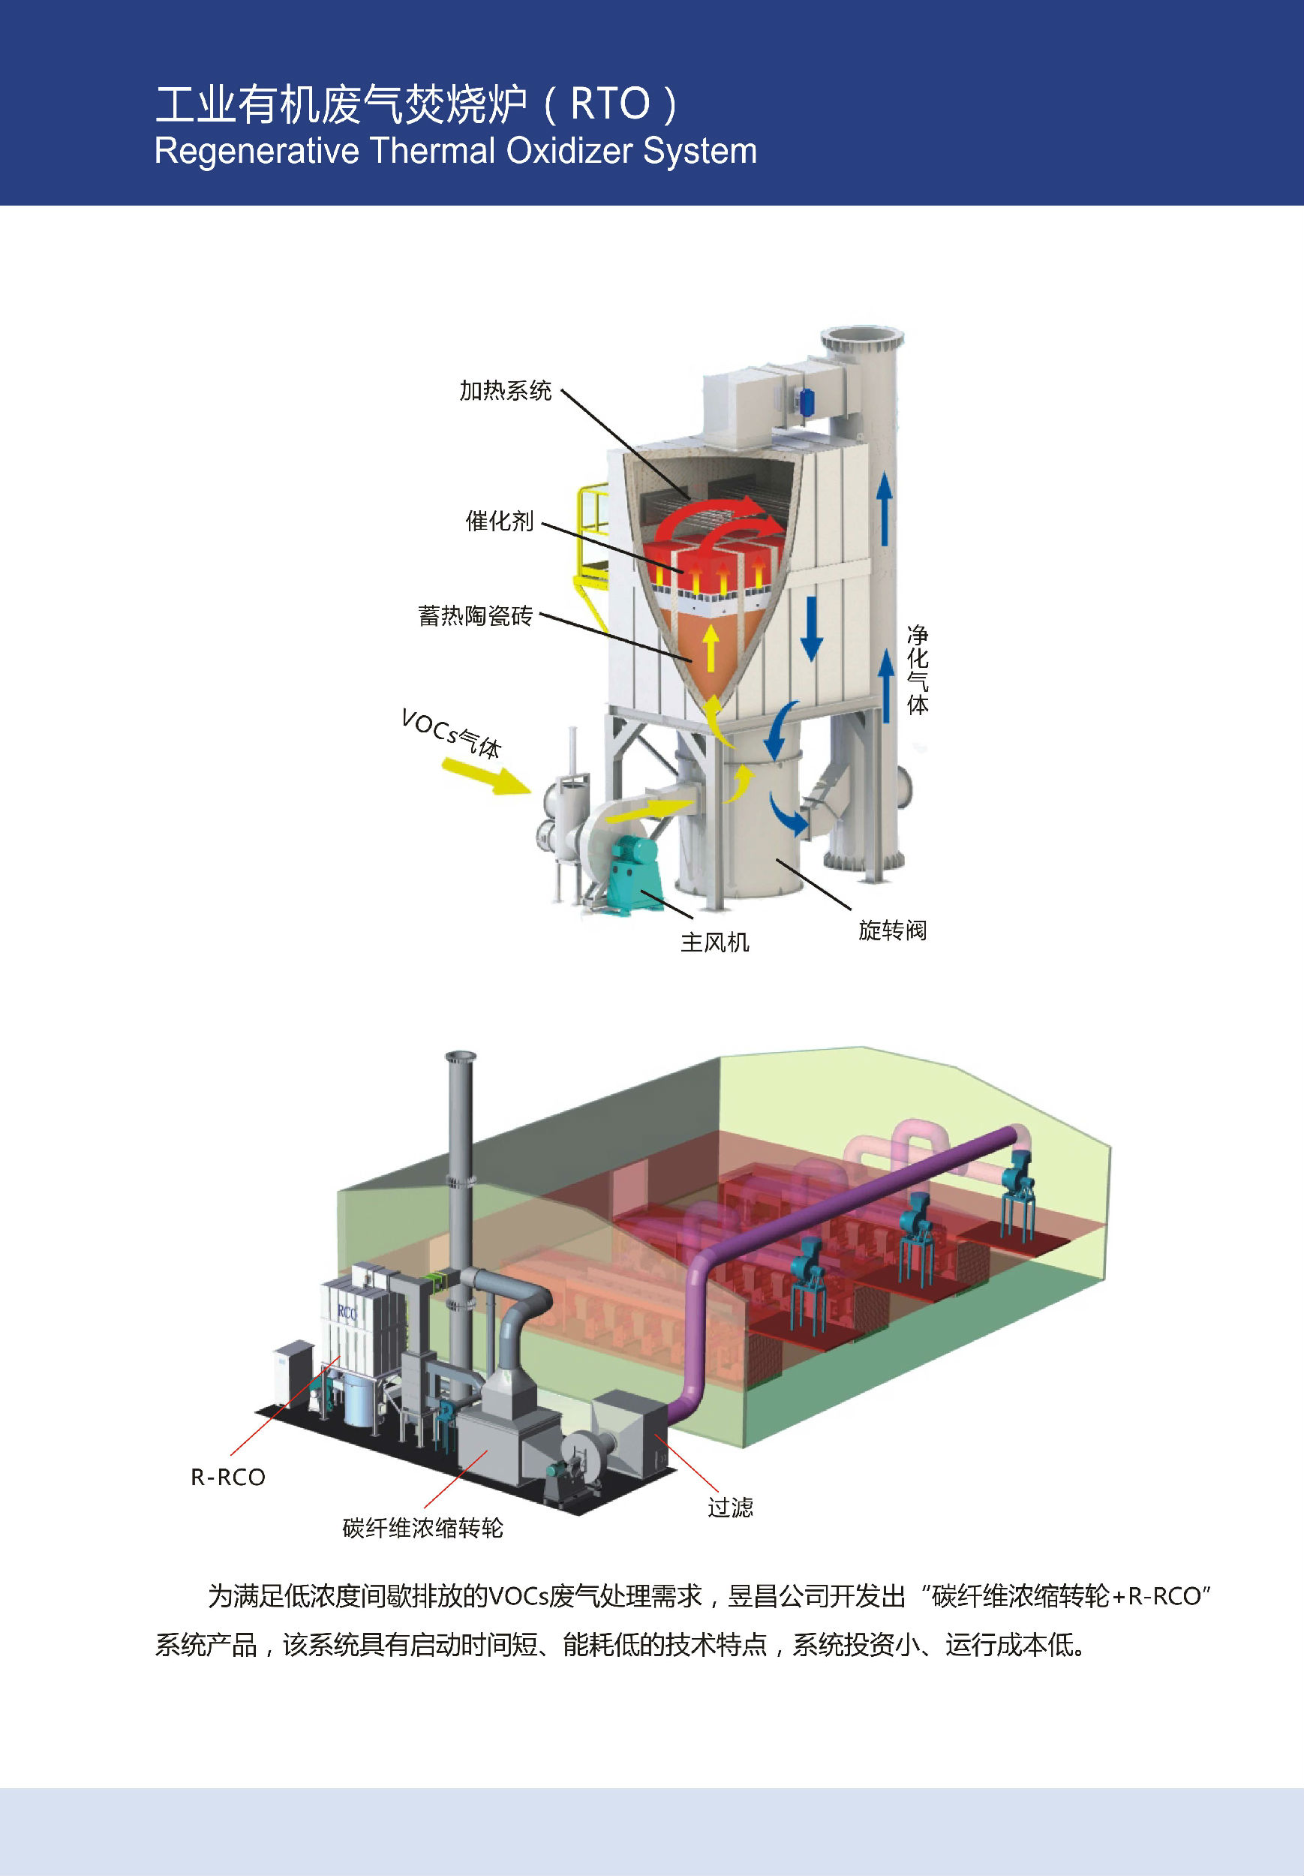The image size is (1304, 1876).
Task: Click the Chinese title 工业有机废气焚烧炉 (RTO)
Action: click(x=415, y=104)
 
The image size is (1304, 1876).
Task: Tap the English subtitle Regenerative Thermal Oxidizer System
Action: click(x=455, y=151)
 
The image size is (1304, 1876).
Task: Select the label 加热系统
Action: click(x=505, y=390)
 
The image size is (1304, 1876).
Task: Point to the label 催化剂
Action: click(x=499, y=521)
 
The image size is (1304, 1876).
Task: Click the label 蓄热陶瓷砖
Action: click(x=475, y=615)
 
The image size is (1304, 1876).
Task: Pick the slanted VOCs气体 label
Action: click(x=452, y=733)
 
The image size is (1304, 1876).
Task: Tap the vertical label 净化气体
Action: click(x=918, y=670)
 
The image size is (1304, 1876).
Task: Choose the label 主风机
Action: click(x=715, y=942)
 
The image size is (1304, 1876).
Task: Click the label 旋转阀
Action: click(x=892, y=930)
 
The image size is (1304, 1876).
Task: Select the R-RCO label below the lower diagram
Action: click(x=228, y=1478)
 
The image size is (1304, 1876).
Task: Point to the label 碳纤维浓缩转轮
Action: click(x=422, y=1528)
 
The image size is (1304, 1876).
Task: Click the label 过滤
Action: click(x=729, y=1508)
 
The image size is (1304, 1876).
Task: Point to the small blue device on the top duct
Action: click(x=807, y=401)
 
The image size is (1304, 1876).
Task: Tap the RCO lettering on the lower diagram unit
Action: click(x=347, y=1312)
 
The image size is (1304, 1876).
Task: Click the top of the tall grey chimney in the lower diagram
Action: click(x=461, y=1057)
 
